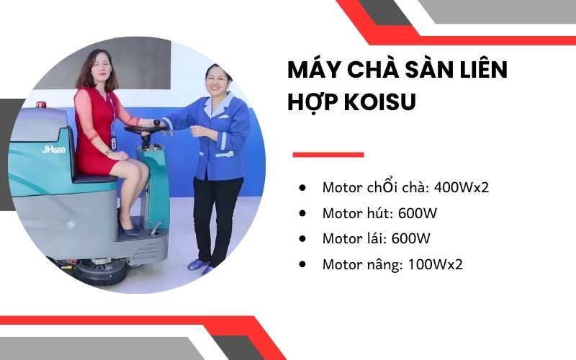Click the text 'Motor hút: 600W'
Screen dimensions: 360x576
tap(380, 213)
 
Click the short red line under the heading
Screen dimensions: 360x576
tap(328, 154)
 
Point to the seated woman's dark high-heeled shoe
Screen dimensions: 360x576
tap(127, 230)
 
